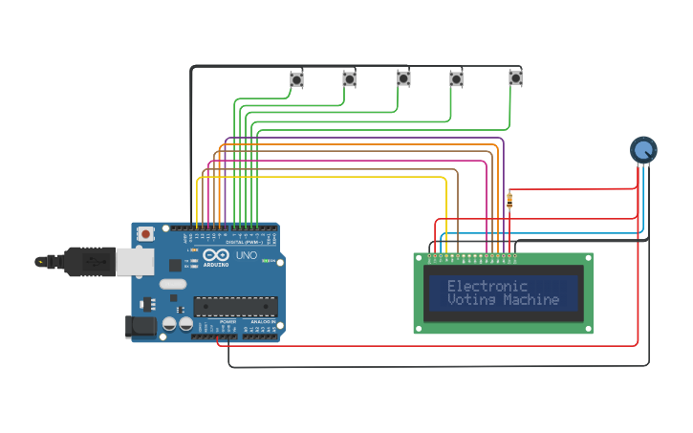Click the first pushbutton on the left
click(297, 79)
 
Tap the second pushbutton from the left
click(350, 79)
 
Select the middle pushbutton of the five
click(403, 78)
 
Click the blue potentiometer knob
click(644, 149)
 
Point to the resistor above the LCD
click(509, 201)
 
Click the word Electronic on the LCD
click(487, 286)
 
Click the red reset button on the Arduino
click(145, 233)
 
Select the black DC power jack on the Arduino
click(141, 327)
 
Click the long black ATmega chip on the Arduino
click(235, 306)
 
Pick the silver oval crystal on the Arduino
click(173, 283)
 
